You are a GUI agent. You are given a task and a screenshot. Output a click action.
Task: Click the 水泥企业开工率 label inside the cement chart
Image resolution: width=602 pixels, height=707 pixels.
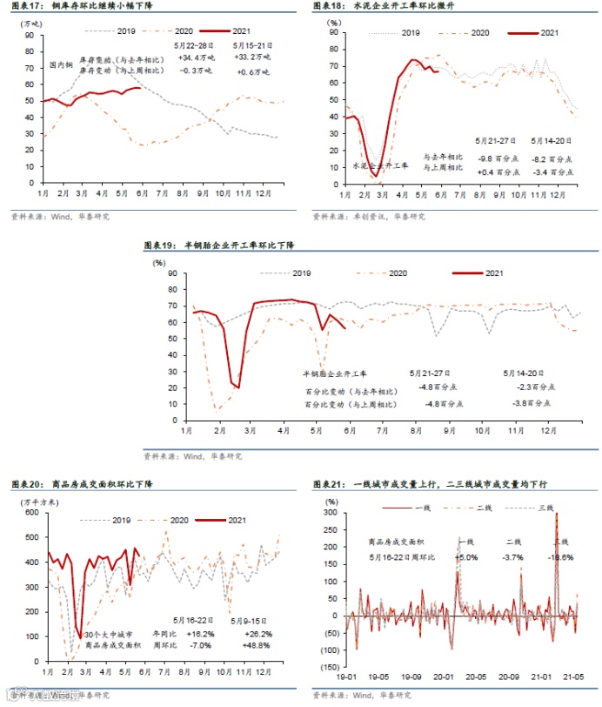click(380, 165)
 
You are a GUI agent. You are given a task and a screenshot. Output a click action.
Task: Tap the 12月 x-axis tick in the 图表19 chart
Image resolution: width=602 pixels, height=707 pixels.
click(549, 430)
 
